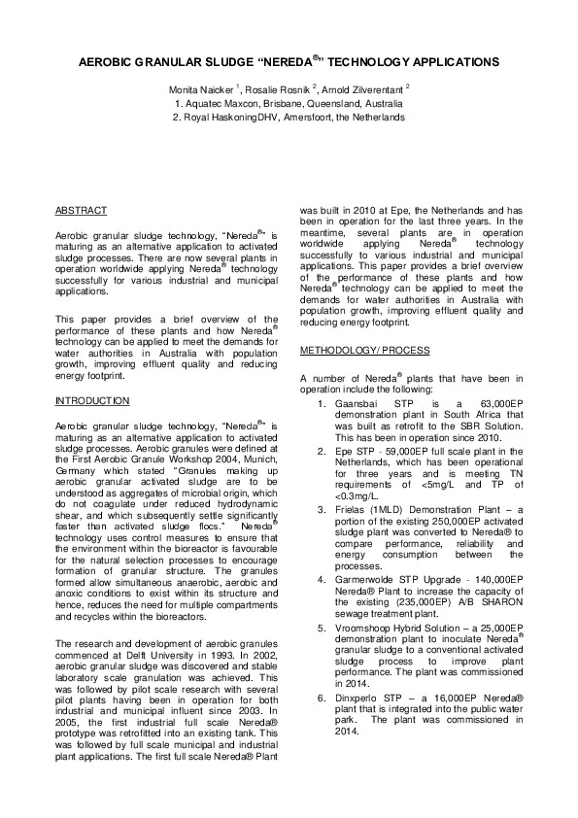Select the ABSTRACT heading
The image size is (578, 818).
click(x=81, y=210)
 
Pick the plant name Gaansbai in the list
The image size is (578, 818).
click(x=353, y=401)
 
